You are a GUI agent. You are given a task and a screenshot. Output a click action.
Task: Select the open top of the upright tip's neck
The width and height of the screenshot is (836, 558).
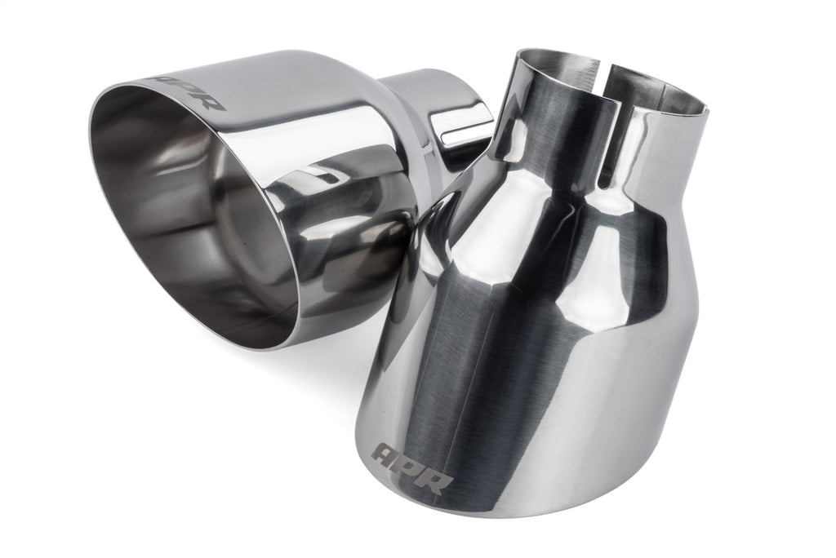[x=612, y=73]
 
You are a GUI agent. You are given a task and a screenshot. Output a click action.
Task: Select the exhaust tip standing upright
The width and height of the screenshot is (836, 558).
[x=539, y=326]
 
